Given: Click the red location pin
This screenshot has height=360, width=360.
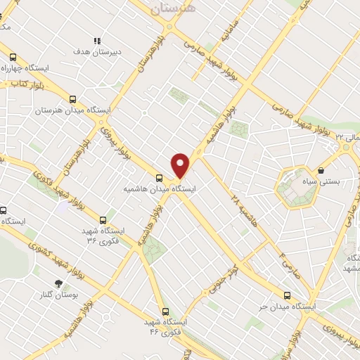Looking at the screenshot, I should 181,164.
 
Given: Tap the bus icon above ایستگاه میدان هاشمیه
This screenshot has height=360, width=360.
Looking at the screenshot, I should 160,177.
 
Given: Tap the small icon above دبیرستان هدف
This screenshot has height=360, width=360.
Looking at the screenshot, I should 98,41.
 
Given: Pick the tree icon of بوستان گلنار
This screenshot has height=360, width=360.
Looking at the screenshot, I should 58,284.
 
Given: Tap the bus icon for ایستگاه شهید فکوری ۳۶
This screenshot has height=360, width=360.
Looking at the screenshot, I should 104,219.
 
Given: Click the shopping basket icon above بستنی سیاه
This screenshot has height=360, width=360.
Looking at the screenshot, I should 321,169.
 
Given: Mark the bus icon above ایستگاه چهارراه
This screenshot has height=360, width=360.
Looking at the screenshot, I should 12,57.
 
